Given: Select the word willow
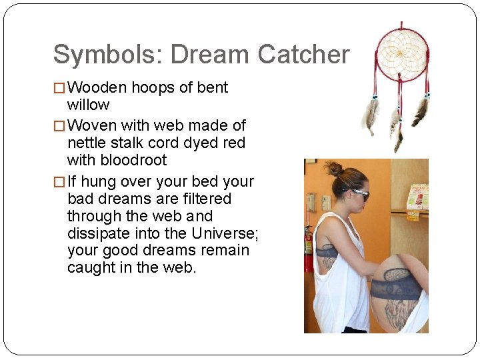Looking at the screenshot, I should pos(88,105).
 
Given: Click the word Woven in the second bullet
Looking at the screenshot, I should pos(91,125).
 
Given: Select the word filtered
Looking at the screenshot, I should pos(208,199).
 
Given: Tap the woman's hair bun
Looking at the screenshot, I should pos(333,168).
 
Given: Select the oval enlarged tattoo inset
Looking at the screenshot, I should pos(398,293).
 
